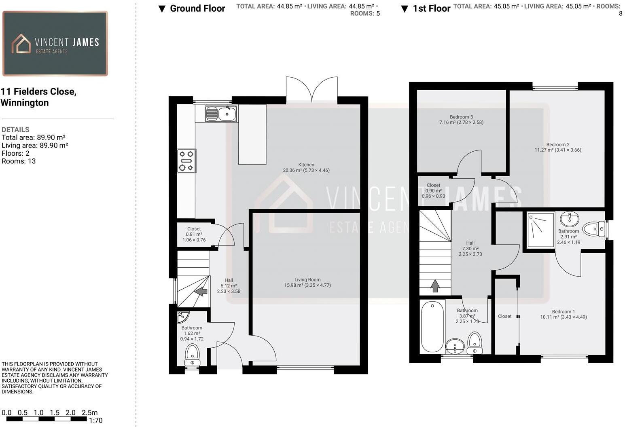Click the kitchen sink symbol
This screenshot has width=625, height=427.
pos(220,114)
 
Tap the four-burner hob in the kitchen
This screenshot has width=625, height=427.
pos(186,161)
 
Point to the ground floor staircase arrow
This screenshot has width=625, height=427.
pos(201,291)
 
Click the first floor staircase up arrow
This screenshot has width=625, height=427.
pos(435,285)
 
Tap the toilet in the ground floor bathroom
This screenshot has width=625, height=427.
pos(192,354)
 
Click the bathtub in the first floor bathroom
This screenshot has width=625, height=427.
pos(432,327)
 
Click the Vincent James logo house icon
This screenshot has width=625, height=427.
pos(21,44)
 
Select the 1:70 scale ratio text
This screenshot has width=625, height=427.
pos(95,421)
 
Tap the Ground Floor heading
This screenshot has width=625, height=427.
pos(197,8)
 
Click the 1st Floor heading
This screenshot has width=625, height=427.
pos(431,8)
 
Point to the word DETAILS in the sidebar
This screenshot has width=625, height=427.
pos(15,130)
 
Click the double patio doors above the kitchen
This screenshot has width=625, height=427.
pos(311,90)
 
